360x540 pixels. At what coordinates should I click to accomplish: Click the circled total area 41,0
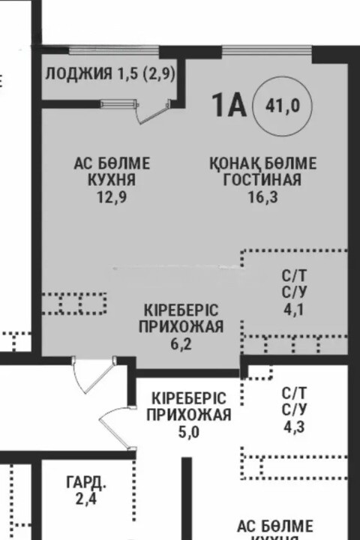(283, 106)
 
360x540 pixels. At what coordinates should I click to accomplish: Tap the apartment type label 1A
(229, 105)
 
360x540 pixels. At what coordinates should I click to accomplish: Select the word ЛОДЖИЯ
(79, 73)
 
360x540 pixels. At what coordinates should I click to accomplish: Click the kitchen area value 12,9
(112, 197)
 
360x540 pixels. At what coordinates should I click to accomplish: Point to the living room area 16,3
(262, 197)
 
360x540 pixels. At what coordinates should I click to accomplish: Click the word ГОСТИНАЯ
(262, 180)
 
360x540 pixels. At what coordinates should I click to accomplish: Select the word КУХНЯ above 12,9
(112, 180)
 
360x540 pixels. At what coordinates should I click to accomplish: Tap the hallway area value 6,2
(181, 343)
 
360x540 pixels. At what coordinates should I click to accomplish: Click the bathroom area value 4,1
(294, 310)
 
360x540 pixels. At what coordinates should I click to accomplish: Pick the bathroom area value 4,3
(295, 427)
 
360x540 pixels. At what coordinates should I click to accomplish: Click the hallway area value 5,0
(189, 432)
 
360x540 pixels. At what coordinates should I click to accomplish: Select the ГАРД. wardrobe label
(86, 483)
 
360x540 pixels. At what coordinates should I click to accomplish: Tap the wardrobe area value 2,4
(86, 499)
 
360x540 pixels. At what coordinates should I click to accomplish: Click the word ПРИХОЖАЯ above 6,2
(181, 327)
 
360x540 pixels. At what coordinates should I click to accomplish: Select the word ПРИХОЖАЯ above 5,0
(189, 415)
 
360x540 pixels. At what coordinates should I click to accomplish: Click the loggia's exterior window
(114, 51)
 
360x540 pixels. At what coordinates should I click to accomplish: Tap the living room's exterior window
(267, 51)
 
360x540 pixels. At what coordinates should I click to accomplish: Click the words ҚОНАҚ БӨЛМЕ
(262, 163)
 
